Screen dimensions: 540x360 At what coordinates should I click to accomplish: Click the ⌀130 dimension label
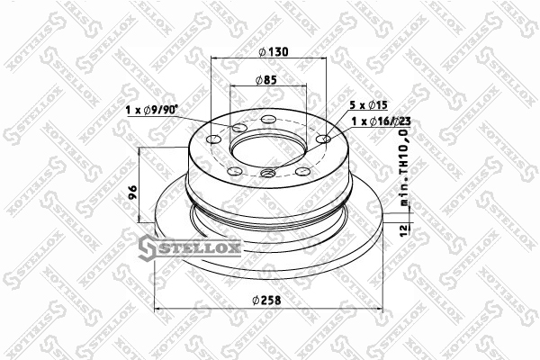273,52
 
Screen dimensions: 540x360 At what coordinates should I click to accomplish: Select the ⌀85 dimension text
266,80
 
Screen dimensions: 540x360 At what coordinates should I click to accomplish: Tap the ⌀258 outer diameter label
266,301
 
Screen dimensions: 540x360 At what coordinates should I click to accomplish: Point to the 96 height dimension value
132,193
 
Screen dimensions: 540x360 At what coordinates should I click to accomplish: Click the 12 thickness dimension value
404,229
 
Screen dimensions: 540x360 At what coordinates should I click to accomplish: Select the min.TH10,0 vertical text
404,167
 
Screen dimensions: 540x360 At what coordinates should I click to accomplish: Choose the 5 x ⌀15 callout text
368,105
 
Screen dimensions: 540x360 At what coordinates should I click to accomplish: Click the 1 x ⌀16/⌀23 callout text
381,121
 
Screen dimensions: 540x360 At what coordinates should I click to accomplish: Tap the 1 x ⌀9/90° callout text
151,110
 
